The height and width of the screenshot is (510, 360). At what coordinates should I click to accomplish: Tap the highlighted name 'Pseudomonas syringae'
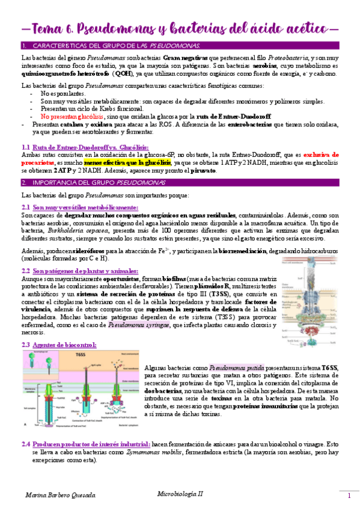click(138, 325)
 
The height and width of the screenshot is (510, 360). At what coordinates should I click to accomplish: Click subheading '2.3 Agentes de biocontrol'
click(58, 345)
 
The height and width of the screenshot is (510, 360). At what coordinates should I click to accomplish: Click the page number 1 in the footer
click(348, 496)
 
